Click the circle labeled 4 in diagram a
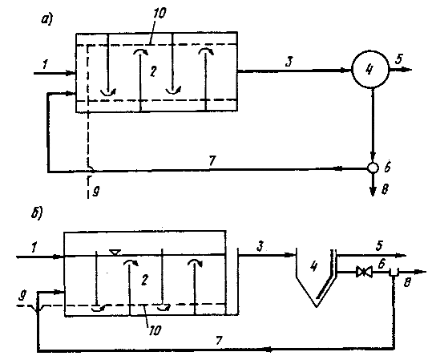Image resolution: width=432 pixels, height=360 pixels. pos(370,69)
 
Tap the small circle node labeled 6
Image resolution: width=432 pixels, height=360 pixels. pos(373,168)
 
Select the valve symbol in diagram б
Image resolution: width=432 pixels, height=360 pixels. pos(364,272)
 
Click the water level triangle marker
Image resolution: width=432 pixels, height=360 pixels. pos(115,252)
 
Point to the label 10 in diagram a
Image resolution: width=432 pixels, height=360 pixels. pos(159,12)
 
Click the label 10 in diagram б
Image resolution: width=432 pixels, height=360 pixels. pos(154,330)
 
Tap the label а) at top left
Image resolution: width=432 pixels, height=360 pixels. pos(47,19)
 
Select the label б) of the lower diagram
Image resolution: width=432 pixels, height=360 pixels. pos(36,214)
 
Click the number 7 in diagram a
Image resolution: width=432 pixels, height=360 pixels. pos(212,160)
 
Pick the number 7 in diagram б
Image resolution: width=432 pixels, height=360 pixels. pos(219,341)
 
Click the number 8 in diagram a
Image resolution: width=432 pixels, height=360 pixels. pos(385,190)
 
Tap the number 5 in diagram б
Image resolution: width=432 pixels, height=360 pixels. pos(379,245)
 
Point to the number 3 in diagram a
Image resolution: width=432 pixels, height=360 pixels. pos(289,62)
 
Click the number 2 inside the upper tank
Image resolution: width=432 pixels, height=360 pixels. pos(153,71)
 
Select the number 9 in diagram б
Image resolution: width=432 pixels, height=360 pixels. pos(22,296)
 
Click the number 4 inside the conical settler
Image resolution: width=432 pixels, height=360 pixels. pos(314,266)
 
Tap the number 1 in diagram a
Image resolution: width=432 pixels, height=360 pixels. pos(45,64)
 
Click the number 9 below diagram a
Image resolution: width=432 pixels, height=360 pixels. pos(95,191)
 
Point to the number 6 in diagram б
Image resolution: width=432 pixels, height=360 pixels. pos(382,264)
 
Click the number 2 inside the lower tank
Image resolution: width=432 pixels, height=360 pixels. pos(144,280)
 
